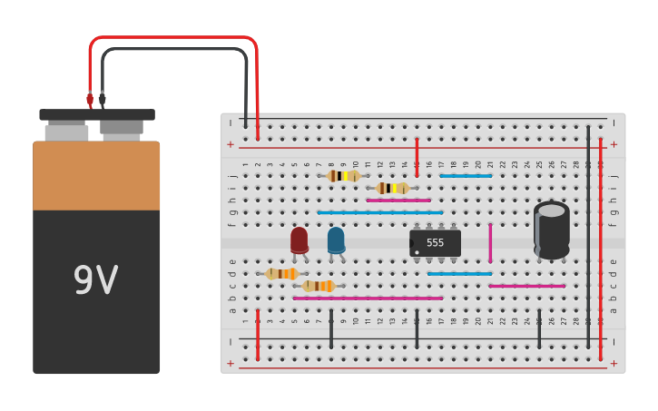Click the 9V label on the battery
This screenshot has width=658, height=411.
[x=95, y=281]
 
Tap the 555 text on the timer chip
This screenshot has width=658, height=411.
[x=436, y=243]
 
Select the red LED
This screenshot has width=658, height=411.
[x=299, y=240]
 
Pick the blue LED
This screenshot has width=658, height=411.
[x=336, y=240]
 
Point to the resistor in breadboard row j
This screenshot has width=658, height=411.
[x=344, y=176]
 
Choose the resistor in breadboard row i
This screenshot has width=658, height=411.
[x=392, y=188]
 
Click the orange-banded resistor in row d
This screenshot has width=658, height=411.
[x=282, y=273]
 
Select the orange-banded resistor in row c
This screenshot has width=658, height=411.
[x=319, y=286]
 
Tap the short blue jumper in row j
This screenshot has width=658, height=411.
[x=466, y=176]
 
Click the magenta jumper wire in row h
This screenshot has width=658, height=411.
[x=398, y=201]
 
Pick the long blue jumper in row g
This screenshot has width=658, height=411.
[x=380, y=212]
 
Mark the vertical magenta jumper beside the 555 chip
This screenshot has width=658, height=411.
[x=490, y=242]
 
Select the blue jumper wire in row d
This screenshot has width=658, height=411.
[x=459, y=273]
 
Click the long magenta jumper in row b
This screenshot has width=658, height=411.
[x=368, y=298]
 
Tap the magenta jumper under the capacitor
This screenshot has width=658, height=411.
[x=526, y=286]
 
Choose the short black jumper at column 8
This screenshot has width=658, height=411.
[x=331, y=328]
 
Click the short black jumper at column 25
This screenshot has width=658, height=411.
[x=539, y=328]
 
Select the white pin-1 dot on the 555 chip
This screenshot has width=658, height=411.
[x=416, y=252]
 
